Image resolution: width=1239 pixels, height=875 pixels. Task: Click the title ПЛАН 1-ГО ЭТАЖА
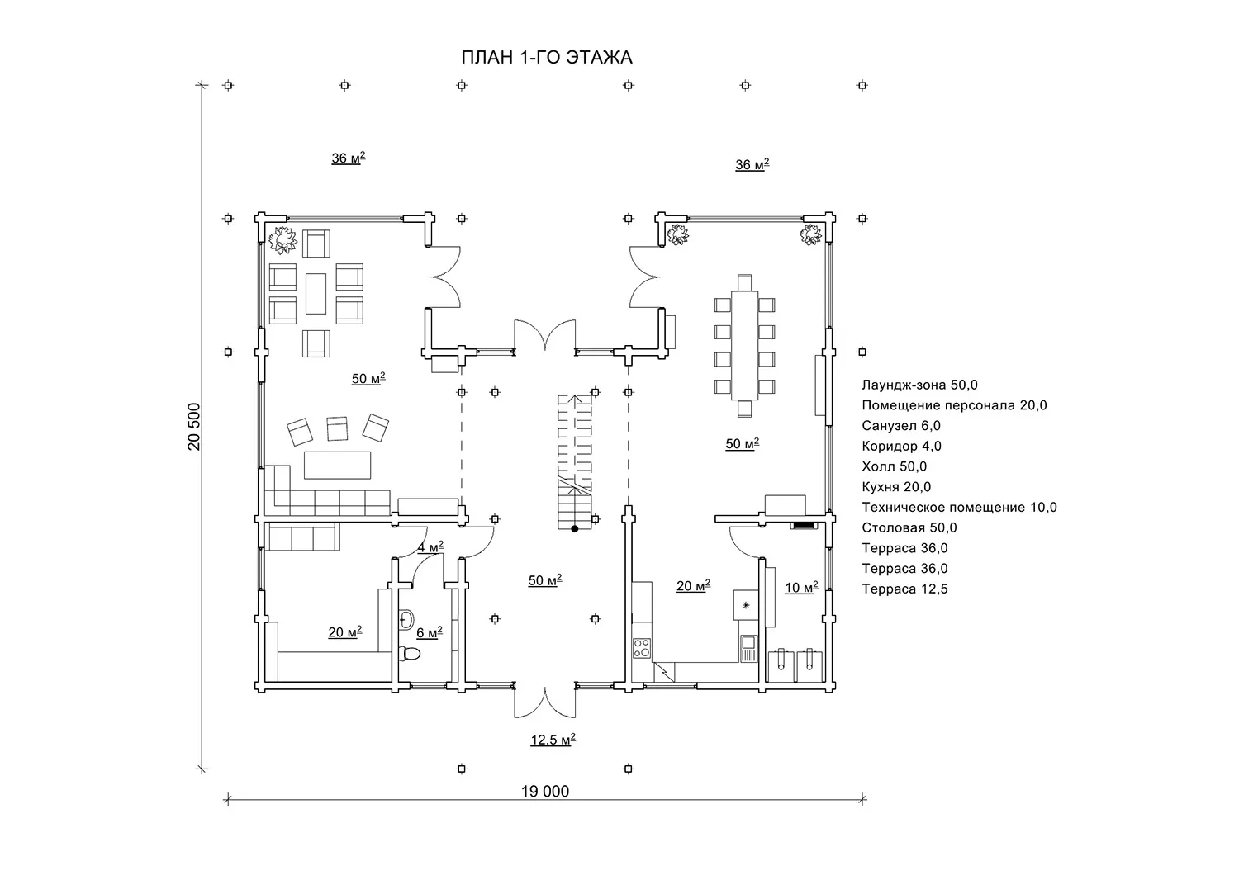[547, 58]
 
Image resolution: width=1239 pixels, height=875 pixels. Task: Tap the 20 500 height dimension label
[193, 427]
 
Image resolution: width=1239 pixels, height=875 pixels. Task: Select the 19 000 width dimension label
[545, 792]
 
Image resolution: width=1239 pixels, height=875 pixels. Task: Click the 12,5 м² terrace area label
[553, 740]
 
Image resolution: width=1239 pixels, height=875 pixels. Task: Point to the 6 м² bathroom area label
[430, 632]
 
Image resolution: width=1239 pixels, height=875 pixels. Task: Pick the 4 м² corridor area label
[430, 547]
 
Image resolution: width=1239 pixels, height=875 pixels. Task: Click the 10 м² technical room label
[801, 587]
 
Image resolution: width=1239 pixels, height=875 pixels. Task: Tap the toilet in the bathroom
[410, 655]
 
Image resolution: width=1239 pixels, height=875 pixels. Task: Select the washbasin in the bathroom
[406, 620]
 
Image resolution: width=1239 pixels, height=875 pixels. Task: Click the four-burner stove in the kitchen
[642, 648]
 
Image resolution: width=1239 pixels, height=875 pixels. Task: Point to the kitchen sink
[748, 648]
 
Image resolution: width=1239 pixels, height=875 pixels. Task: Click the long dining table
[744, 346]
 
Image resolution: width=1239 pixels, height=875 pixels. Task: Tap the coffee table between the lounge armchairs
[316, 294]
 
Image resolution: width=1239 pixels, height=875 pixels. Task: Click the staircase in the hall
[575, 461]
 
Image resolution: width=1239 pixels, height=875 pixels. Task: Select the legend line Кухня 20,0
[896, 487]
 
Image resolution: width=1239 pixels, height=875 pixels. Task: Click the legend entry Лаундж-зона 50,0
[920, 385]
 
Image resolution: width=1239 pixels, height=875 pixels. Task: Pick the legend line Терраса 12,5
[905, 589]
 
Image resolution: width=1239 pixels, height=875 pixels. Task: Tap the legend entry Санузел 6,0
[901, 426]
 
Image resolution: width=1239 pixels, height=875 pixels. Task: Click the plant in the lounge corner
[282, 240]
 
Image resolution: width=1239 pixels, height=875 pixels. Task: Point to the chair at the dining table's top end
[744, 282]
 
